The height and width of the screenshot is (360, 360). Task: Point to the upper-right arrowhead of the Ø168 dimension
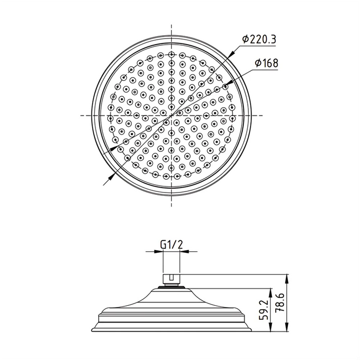[x=225, y=84]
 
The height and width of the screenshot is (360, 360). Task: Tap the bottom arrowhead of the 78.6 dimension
[x=287, y=331]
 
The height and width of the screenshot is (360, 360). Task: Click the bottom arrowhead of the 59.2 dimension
[x=271, y=331]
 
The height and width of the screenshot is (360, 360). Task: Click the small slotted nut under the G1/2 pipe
[x=170, y=277]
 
